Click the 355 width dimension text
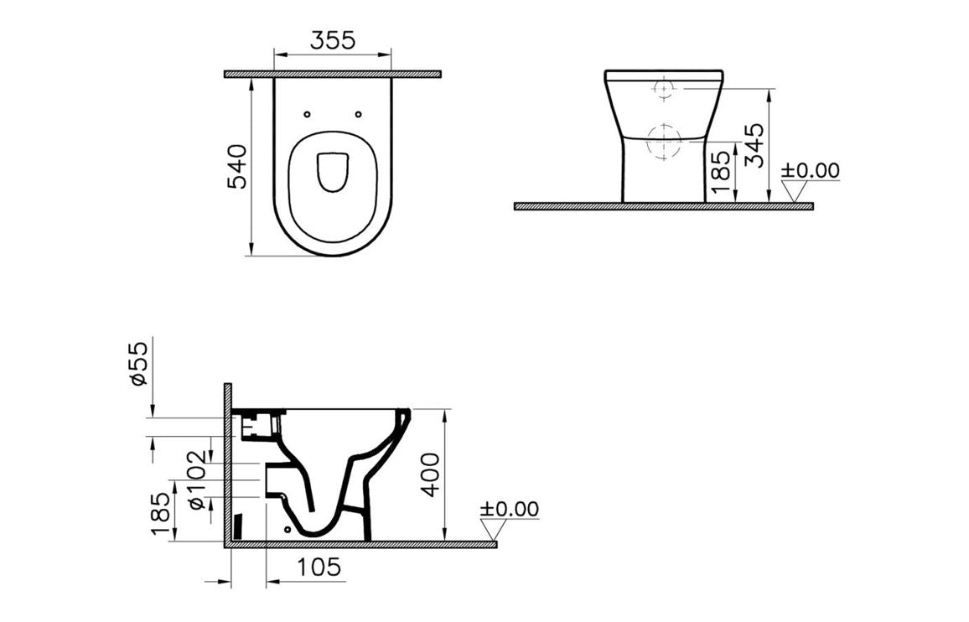pyautogui.click(x=333, y=39)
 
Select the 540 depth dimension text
pyautogui.click(x=237, y=166)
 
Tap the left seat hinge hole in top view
pyautogui.click(x=307, y=115)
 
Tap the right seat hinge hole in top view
pyautogui.click(x=359, y=115)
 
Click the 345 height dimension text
pyautogui.click(x=754, y=145)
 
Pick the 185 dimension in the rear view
pyautogui.click(x=718, y=174)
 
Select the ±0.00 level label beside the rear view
pyautogui.click(x=810, y=170)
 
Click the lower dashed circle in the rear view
pyautogui.click(x=664, y=141)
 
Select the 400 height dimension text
pyautogui.click(x=431, y=475)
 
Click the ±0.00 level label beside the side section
pyautogui.click(x=510, y=509)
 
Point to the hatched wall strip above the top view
pyautogui.click(x=333, y=75)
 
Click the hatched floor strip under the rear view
pyautogui.click(x=663, y=206)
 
